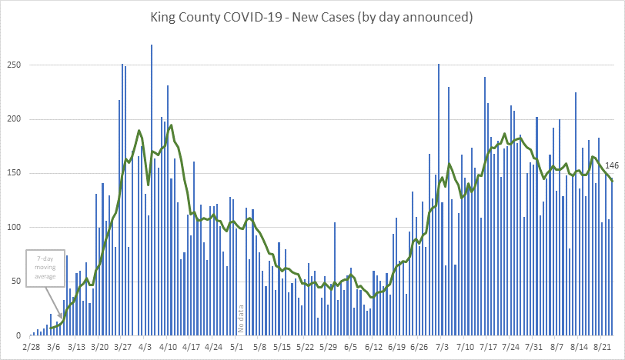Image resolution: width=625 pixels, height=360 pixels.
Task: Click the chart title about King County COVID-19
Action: (312, 15)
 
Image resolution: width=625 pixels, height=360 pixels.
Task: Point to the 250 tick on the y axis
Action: (12, 65)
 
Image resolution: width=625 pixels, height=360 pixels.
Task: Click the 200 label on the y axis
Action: (12, 119)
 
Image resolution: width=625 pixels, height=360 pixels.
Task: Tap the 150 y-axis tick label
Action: (12, 174)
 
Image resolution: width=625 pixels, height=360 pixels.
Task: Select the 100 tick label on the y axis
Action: (12, 228)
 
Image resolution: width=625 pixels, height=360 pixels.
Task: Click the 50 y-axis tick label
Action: (15, 282)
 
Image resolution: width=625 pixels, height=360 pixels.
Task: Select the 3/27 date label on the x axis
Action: (122, 348)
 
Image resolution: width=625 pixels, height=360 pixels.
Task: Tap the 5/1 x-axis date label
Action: (238, 348)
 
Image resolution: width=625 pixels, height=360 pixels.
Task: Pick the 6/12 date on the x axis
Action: (374, 348)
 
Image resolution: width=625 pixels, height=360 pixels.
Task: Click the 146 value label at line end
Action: (613, 165)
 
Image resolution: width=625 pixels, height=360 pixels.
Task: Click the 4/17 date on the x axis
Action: (191, 348)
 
